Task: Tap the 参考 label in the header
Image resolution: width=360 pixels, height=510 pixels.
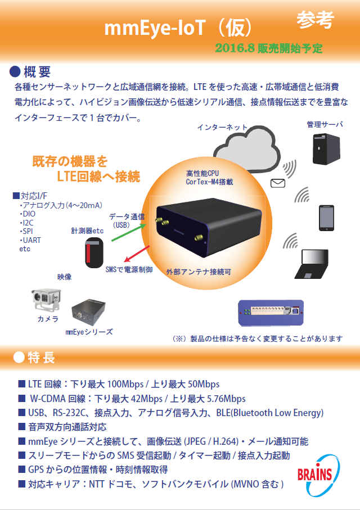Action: point(315,20)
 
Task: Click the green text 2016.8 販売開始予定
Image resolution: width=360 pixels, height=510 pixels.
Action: point(269,48)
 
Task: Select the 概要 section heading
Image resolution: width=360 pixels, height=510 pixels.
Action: point(38,71)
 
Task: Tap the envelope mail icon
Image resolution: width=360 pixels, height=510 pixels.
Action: point(278,183)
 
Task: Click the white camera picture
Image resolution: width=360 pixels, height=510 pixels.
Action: point(46,299)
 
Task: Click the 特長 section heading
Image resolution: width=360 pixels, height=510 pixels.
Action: point(41,358)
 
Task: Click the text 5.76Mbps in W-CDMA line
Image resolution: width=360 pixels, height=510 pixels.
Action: point(226,399)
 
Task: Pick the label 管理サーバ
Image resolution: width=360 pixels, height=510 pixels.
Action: point(325,124)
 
